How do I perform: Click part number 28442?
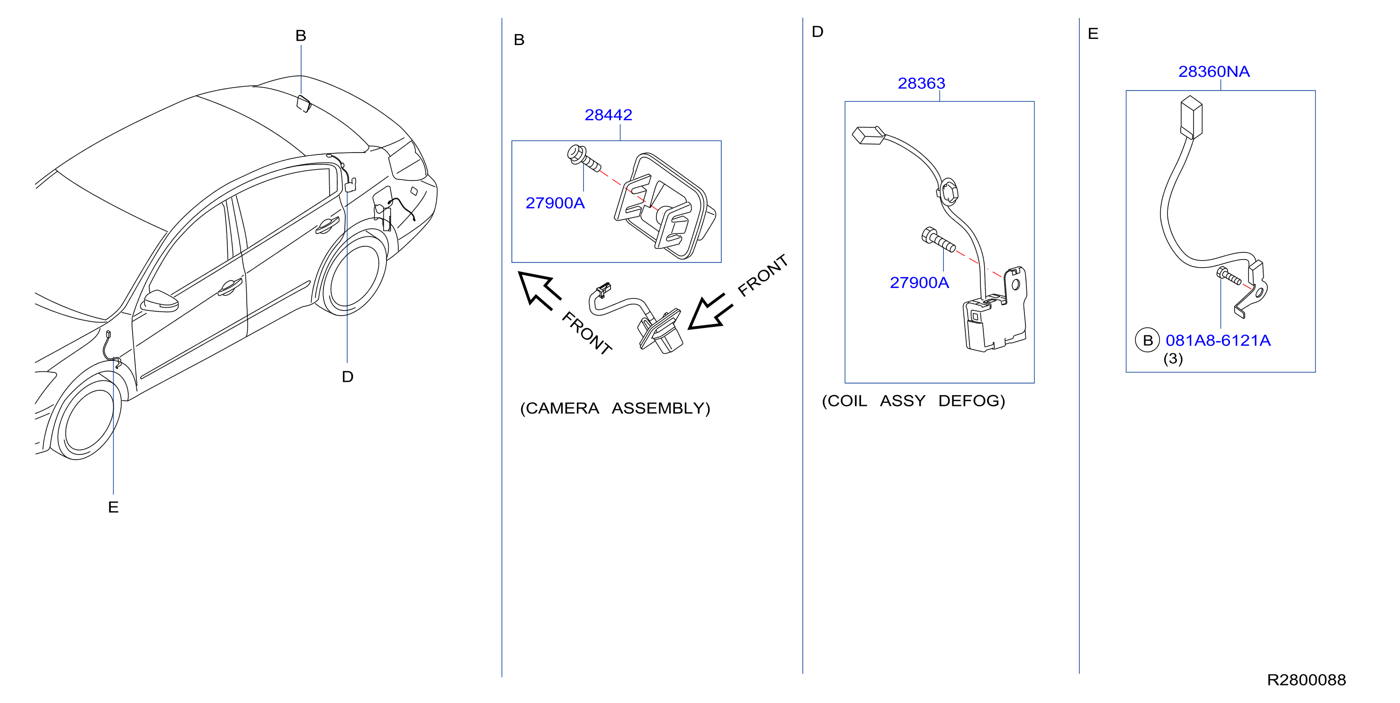point(608,115)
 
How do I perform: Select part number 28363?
point(921,84)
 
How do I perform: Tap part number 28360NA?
point(1213,72)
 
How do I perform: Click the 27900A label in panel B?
point(555,203)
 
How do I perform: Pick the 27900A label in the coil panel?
point(919,283)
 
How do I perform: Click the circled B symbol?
point(1147,340)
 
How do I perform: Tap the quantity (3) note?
point(1173,359)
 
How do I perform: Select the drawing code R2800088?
point(1306,680)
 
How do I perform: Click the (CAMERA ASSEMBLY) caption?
point(615,408)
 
